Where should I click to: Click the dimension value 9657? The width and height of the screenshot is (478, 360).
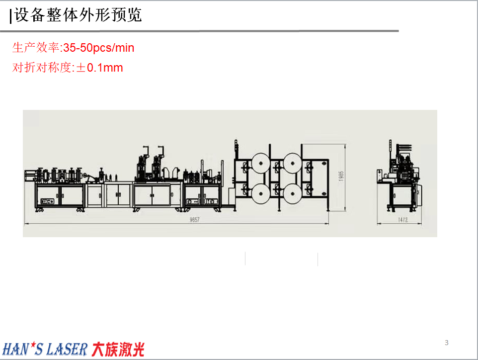[x=194, y=220]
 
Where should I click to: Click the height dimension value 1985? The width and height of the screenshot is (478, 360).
[x=341, y=176]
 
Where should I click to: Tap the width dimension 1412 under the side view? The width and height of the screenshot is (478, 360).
[x=402, y=220]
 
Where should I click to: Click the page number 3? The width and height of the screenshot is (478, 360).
[x=447, y=343]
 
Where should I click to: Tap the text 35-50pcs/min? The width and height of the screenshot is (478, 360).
[x=98, y=48]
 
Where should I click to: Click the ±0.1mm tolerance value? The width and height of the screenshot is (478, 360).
[x=99, y=68]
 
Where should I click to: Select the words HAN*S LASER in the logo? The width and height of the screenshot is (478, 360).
[x=45, y=350]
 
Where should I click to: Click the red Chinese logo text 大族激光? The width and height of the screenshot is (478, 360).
[x=118, y=350]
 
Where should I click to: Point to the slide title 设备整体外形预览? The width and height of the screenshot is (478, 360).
[x=78, y=15]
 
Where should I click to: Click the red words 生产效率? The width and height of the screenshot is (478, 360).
[x=36, y=48]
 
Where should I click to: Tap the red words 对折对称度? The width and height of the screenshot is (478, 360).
[x=42, y=68]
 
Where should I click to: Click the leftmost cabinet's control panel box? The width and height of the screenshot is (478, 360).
[x=48, y=201]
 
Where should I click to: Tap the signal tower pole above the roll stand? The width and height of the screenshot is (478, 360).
[x=236, y=149]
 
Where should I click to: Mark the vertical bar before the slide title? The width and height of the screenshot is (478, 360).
[x=10, y=16]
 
